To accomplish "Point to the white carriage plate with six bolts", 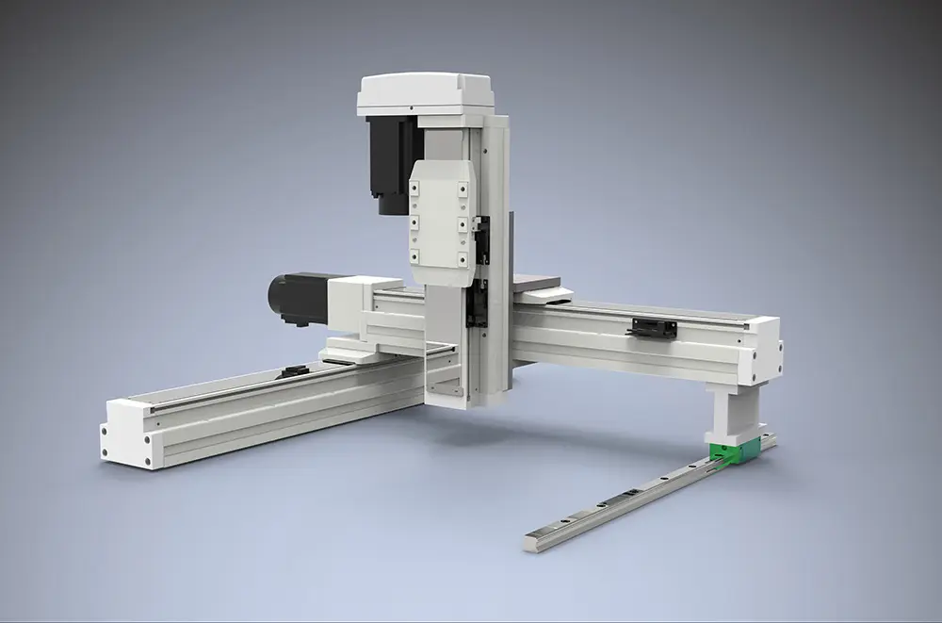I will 441,221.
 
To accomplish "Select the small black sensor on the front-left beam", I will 293,370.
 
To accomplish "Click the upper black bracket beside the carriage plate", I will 482,239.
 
